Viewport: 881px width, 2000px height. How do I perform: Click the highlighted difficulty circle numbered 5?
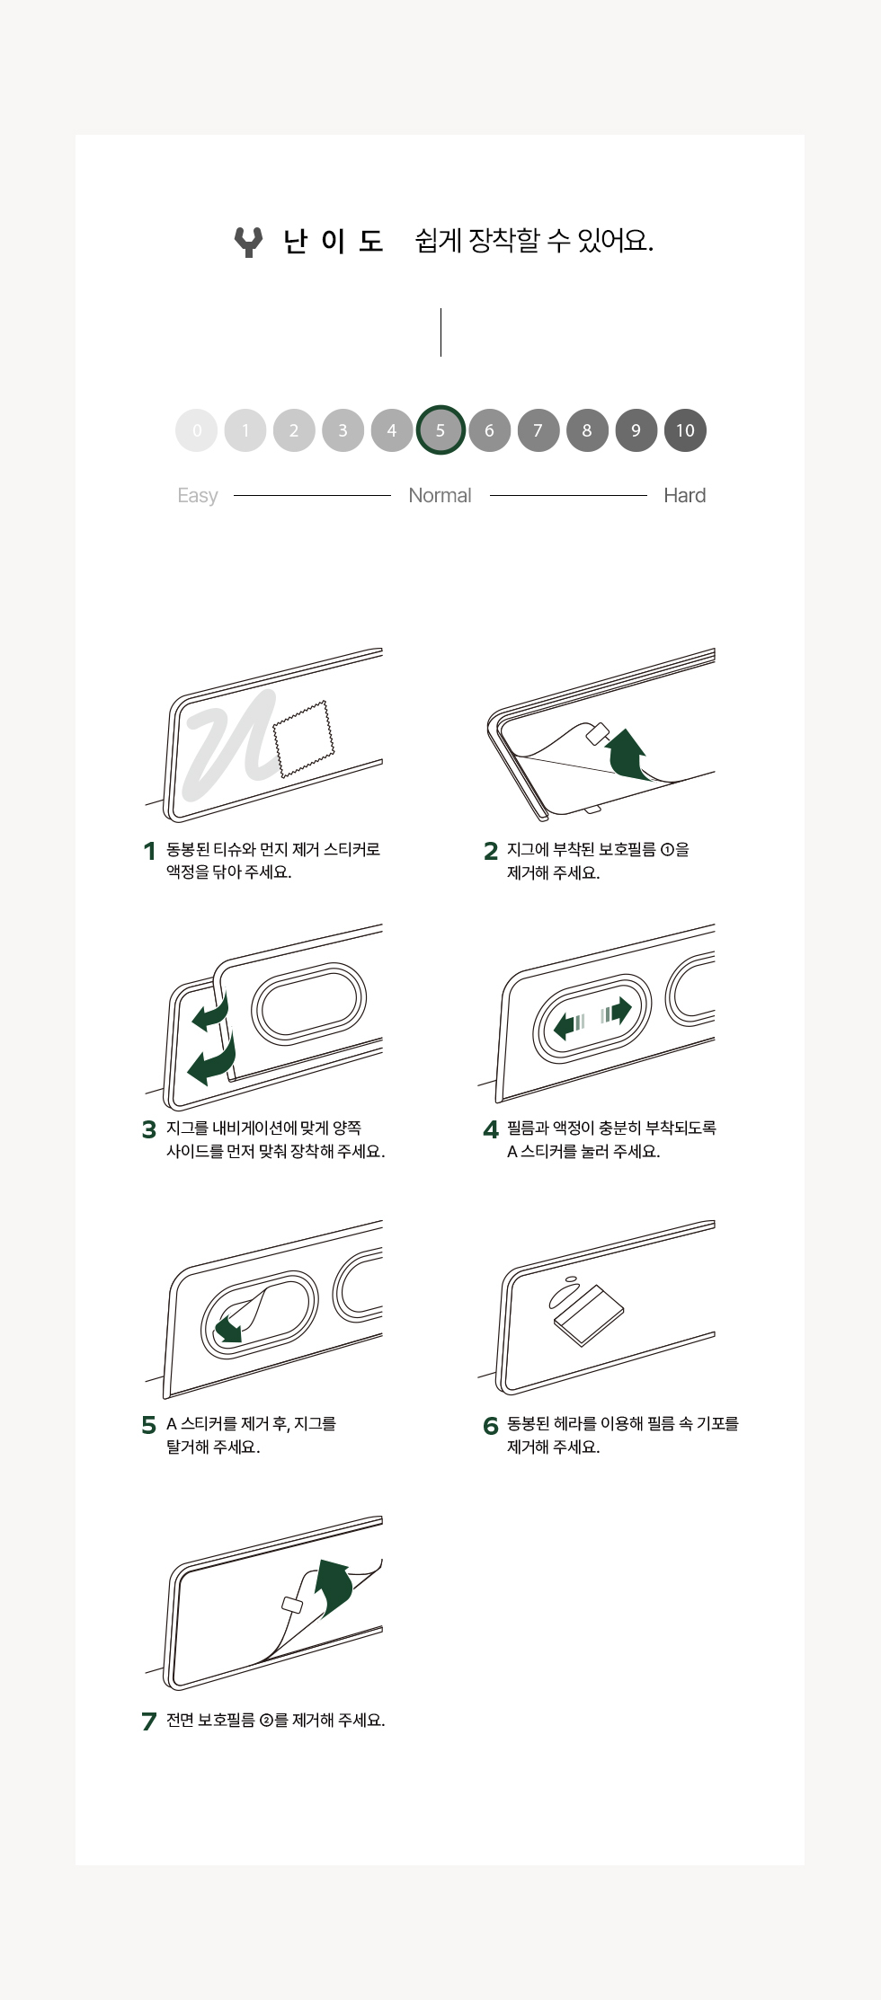[440, 430]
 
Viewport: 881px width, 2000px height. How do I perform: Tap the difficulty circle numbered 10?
[685, 430]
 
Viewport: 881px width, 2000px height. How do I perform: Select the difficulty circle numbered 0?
[197, 430]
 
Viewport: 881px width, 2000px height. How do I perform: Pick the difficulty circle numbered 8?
[587, 430]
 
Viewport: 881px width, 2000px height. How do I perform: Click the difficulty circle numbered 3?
[343, 430]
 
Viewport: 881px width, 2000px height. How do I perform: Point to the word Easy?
[198, 496]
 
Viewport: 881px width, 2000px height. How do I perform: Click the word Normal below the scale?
[440, 495]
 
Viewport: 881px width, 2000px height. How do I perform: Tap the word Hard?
[684, 495]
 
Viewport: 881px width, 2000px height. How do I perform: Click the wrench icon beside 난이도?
[248, 242]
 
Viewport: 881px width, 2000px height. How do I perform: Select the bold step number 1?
[149, 851]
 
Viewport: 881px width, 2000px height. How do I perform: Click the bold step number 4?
[491, 1129]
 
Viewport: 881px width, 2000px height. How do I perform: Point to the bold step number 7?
[149, 1721]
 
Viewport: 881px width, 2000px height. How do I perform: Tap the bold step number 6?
[491, 1426]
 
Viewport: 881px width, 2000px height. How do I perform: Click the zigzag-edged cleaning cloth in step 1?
[303, 739]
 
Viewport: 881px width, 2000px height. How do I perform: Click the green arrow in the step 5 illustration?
[228, 1328]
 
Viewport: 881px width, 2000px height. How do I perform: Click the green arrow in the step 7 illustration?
[334, 1588]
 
